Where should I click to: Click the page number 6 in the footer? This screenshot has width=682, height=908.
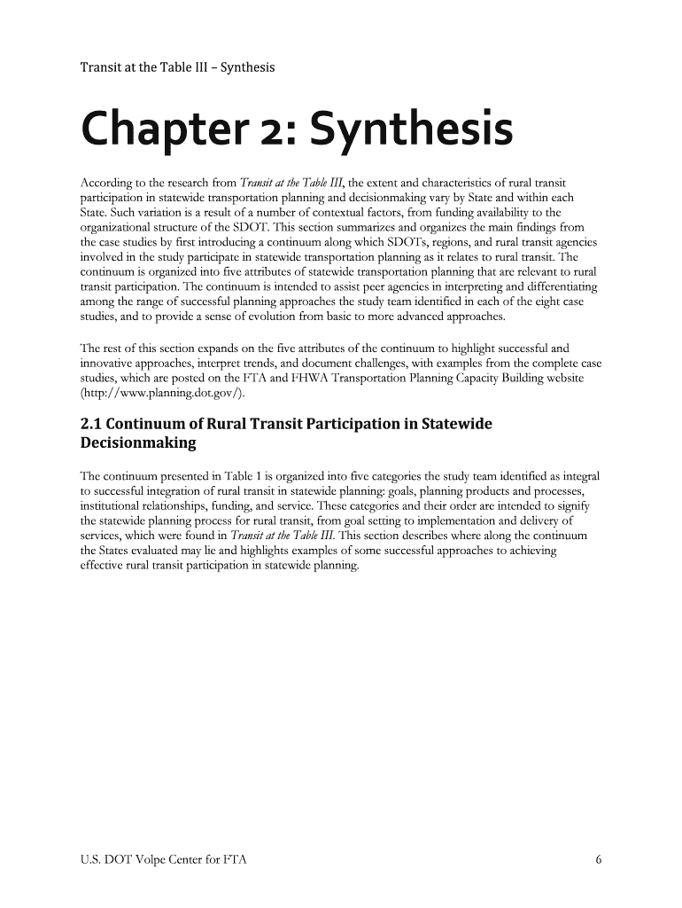click(x=600, y=859)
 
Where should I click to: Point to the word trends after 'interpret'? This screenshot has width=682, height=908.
click(x=298, y=364)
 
